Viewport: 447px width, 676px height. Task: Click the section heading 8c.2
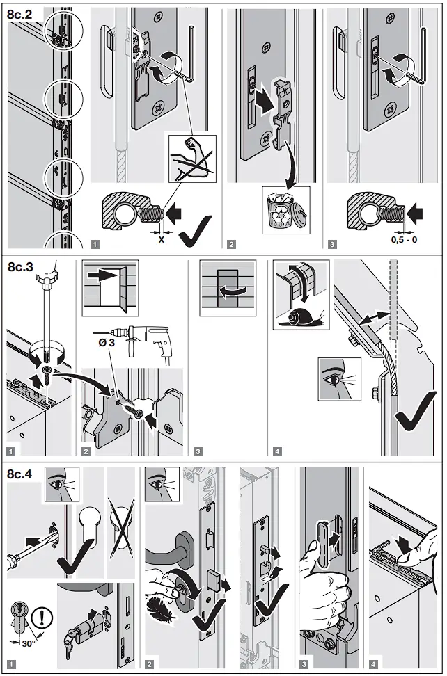[x=21, y=12]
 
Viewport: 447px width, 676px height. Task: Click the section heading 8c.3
[x=21, y=267]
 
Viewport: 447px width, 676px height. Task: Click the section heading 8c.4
[x=21, y=474]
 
